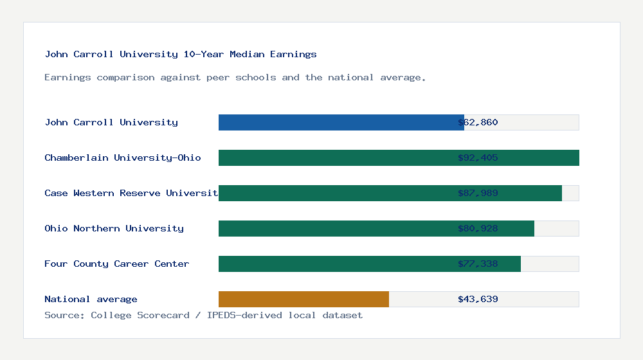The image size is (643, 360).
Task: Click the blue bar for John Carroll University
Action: click(x=341, y=122)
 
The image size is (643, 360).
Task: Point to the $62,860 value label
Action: click(x=478, y=122)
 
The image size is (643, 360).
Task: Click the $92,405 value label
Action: click(x=478, y=157)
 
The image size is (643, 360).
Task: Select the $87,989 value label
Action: click(x=478, y=193)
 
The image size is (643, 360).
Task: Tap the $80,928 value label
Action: click(x=478, y=228)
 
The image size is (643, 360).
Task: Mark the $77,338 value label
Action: click(x=478, y=264)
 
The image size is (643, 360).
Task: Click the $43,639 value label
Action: click(x=478, y=299)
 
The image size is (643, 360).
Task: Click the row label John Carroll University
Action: click(x=111, y=122)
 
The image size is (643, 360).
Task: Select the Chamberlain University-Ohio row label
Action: click(x=123, y=157)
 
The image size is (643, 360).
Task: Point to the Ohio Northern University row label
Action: click(x=114, y=228)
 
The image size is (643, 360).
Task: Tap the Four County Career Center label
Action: click(x=117, y=264)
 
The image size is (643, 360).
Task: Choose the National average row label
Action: click(x=91, y=299)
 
